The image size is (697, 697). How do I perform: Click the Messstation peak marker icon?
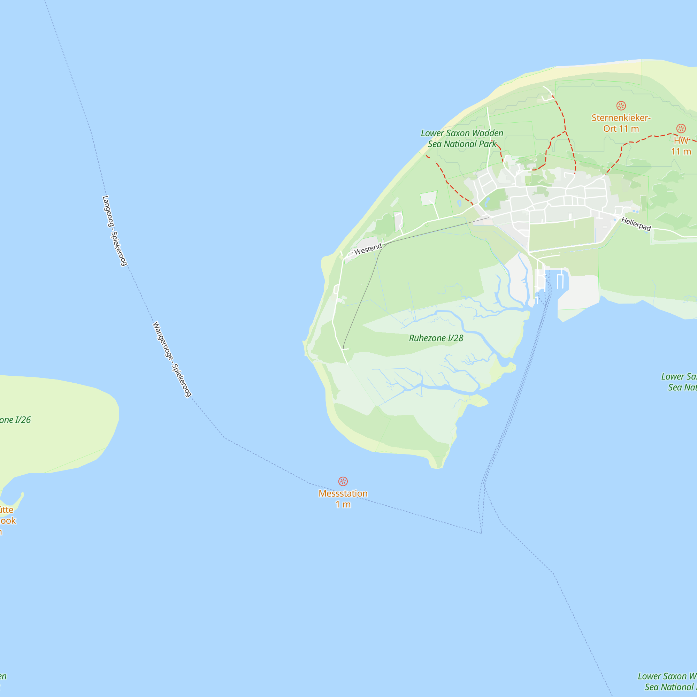point(343,481)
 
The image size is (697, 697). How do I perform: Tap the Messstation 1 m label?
point(343,499)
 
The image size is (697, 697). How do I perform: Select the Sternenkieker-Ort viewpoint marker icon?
point(621,105)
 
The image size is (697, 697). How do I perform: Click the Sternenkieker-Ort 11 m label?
point(621,123)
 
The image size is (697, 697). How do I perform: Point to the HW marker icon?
point(681,129)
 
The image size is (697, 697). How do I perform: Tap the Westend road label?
point(368,249)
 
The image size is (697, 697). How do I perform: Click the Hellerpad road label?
point(636,224)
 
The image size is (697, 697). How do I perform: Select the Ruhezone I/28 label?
point(436,338)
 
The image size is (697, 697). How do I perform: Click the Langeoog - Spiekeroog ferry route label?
point(115,231)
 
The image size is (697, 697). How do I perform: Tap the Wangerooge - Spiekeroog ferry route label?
point(172,359)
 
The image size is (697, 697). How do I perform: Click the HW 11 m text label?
point(681,146)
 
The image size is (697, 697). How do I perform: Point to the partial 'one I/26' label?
point(15,420)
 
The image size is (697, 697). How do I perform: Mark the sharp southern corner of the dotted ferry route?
point(481,533)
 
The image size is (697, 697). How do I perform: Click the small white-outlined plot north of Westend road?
point(429,198)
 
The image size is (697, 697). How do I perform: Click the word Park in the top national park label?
point(488,144)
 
